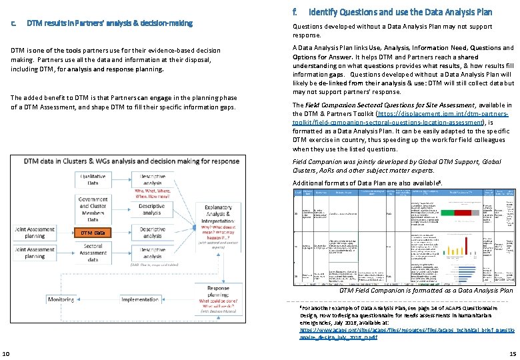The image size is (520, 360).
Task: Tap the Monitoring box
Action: (x=61, y=299)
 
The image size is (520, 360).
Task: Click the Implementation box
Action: (x=139, y=299)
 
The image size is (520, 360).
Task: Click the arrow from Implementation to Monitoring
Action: (x=97, y=299)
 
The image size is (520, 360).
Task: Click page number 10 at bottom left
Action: (x=6, y=353)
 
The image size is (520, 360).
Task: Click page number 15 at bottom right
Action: (x=512, y=353)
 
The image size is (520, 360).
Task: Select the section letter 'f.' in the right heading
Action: (x=295, y=11)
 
